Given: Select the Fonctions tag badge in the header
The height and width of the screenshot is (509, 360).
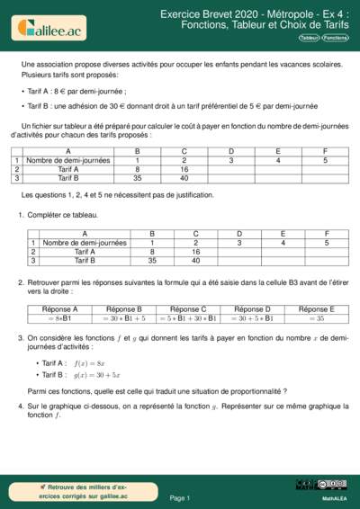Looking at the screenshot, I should [335, 39].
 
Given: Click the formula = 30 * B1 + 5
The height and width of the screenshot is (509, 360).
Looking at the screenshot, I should [121, 317].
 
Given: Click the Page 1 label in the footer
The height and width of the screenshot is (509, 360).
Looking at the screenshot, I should [179, 497].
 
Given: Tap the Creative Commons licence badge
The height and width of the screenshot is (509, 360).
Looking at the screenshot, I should [329, 485].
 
